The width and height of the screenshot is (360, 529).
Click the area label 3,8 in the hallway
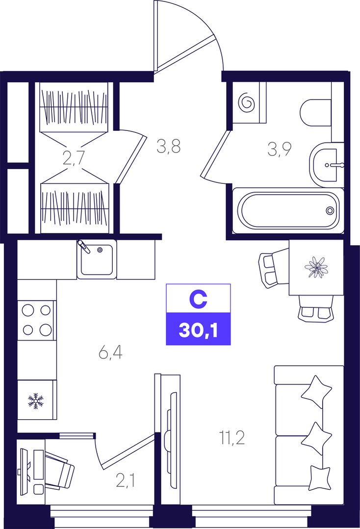169,147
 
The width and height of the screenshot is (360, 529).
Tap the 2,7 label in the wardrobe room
74,158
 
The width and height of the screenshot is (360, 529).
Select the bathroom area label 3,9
280,149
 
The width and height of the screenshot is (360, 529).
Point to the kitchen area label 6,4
110,353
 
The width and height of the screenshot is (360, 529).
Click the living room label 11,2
232,438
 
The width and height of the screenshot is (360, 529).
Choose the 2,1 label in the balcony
126,480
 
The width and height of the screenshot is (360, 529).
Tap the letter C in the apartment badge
198,300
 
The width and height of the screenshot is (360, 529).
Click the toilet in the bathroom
315,113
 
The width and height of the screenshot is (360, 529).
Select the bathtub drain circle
330,210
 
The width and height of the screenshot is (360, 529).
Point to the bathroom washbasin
327,165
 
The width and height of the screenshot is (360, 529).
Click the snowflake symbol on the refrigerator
36,401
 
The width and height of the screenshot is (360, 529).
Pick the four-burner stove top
36,320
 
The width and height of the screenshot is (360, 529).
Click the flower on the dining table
316,267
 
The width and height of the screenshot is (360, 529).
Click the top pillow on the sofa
316,392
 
